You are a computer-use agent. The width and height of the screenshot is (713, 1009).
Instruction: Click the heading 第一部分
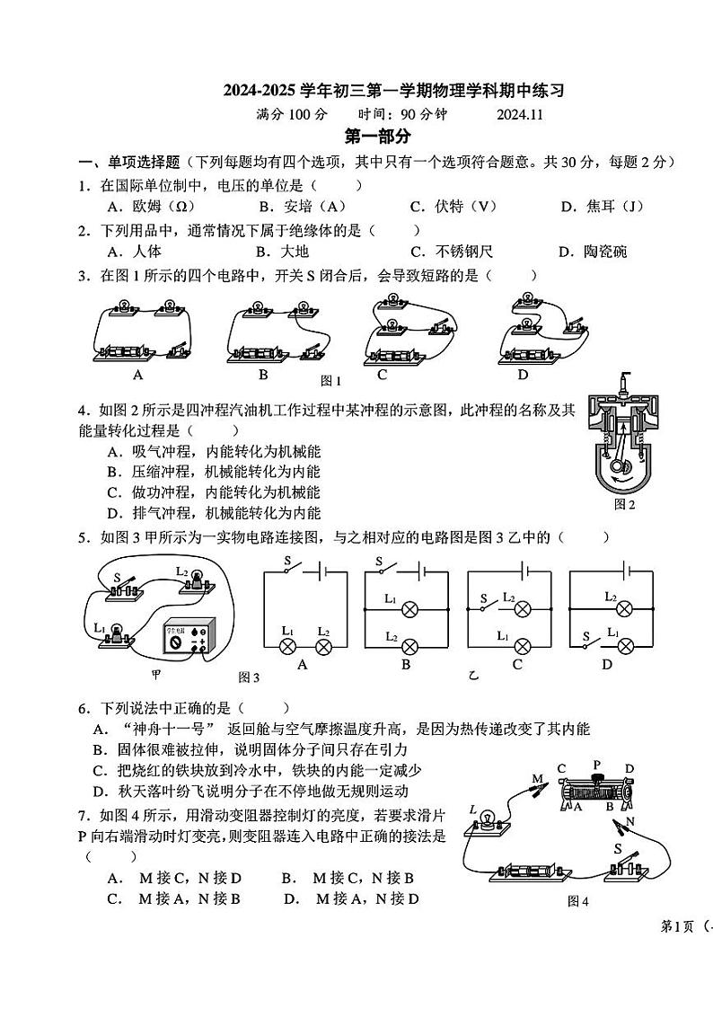tap(378, 137)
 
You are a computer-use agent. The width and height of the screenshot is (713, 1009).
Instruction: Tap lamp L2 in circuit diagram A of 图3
tap(324, 646)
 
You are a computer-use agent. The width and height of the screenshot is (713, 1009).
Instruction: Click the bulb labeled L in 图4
tap(489, 819)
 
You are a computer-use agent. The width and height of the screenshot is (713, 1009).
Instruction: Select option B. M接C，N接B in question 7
tap(347, 878)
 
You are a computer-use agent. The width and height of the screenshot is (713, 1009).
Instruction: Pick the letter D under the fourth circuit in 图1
tap(523, 375)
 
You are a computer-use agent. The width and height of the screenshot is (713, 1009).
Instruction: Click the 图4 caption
tap(577, 901)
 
